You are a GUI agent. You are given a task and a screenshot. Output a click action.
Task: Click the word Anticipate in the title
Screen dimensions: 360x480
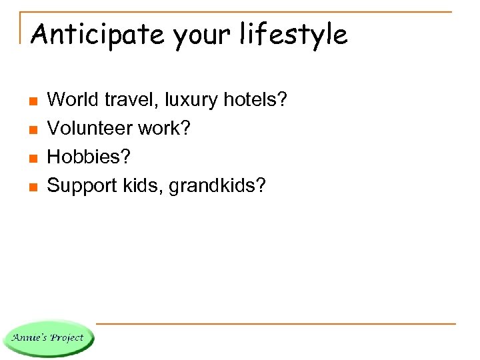[98, 34]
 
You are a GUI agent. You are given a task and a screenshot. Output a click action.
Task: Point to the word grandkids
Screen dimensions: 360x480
[213, 185]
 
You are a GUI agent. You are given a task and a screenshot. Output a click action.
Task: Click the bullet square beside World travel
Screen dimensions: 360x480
[31, 101]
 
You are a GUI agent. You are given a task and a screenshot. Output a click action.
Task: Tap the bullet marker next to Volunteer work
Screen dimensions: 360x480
[31, 130]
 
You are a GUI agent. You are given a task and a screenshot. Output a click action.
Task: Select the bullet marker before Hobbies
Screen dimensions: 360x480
[31, 158]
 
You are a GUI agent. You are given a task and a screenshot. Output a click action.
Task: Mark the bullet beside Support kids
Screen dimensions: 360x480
[31, 187]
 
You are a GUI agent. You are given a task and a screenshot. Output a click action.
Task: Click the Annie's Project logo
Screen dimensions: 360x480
[48, 337]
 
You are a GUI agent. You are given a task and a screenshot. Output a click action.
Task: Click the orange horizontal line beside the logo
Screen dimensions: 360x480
[273, 324]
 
